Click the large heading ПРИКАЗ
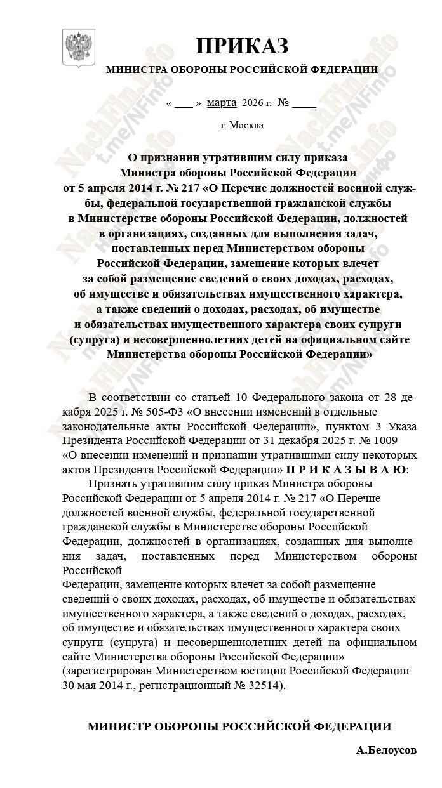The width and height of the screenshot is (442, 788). (241, 46)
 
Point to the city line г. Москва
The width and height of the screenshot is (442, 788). (242, 124)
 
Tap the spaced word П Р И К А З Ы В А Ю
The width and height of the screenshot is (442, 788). (345, 470)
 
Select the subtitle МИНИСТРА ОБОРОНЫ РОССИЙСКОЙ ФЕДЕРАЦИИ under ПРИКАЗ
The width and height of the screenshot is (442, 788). (241, 70)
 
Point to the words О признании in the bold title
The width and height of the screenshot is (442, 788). (163, 156)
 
